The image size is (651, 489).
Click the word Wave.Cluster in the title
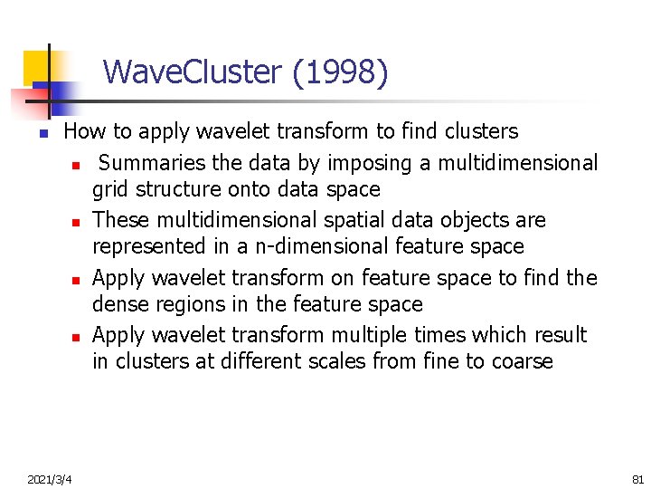coord(193,72)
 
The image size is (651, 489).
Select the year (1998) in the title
coord(340,72)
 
